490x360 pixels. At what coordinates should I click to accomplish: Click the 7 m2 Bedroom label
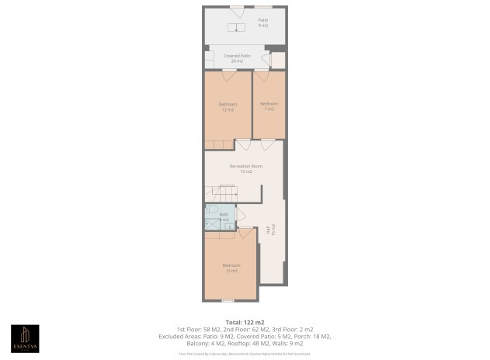point(269,107)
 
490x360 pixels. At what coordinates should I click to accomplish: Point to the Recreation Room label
point(245,168)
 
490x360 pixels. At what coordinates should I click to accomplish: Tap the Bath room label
point(224,216)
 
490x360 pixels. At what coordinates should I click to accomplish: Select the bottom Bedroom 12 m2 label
point(231,268)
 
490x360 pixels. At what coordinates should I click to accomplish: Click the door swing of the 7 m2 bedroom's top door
point(262,76)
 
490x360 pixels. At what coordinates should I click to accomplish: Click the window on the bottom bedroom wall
point(228,300)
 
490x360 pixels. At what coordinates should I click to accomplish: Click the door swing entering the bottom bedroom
point(247,233)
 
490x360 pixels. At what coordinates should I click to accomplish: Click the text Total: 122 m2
point(245,321)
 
